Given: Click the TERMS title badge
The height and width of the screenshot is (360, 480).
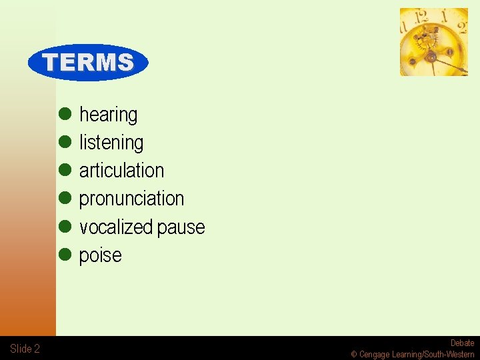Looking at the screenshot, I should pos(88,63).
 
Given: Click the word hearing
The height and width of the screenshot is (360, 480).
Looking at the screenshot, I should pos(108,115).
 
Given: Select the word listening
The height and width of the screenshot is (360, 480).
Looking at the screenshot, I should pos(111,143).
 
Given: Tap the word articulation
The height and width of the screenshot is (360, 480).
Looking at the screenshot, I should pos(121,171).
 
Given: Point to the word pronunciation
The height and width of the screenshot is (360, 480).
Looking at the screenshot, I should pos(131,199).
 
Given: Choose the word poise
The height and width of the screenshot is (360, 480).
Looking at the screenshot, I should pos(100,255).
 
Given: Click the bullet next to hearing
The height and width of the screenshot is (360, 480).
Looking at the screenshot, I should pos(65,114).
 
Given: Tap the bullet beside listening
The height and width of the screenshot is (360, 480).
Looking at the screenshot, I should pos(65,142).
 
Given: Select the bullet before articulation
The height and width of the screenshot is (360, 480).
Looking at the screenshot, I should pos(65,170).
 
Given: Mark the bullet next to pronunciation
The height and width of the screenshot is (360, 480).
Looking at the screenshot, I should pos(65,198).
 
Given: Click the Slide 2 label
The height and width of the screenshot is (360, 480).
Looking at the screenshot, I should pos(25,349).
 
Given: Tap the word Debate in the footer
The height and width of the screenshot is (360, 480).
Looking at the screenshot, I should pos(462,343).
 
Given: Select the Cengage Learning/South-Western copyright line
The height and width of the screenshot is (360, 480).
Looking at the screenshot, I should pos(413,355).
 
